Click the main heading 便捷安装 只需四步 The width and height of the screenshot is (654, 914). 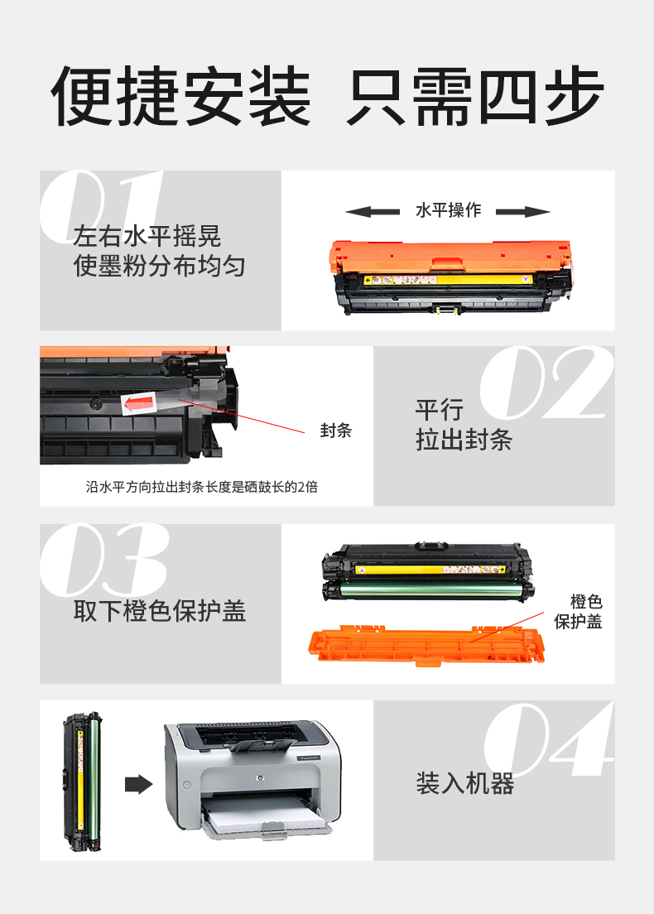(327, 96)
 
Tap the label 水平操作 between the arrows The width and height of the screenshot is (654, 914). (448, 209)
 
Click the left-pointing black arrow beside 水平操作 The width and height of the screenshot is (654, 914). (372, 212)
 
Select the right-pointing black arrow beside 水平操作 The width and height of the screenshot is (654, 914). (523, 212)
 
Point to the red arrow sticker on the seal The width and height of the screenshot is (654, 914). (139, 403)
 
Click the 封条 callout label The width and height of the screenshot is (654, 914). (336, 431)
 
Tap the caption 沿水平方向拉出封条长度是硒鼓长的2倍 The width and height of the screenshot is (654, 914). (202, 487)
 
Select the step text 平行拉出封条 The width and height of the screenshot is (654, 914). (464, 425)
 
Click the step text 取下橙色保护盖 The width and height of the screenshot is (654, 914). (160, 611)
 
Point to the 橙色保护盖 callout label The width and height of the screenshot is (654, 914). (578, 612)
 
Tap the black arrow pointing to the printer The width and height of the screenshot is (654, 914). (139, 784)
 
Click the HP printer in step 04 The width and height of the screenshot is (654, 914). (253, 778)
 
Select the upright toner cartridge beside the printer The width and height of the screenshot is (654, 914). (82, 781)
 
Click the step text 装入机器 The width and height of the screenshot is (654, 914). (464, 783)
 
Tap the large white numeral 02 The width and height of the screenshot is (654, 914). (546, 382)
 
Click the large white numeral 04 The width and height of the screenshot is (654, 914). (549, 739)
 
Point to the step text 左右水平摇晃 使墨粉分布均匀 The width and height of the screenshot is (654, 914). (159, 251)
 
